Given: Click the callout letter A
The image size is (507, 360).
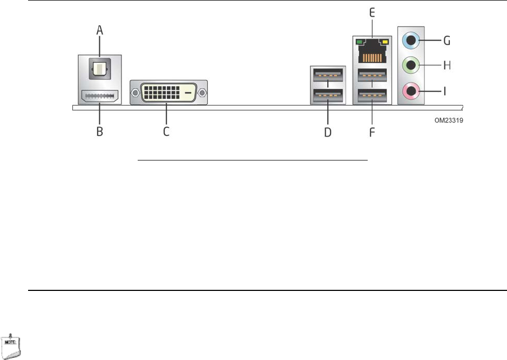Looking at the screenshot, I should pyautogui.click(x=99, y=31).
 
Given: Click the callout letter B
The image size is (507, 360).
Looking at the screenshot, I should pyautogui.click(x=99, y=131).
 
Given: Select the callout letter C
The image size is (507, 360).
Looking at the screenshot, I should pyautogui.click(x=166, y=131).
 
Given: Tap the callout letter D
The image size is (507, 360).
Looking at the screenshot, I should pyautogui.click(x=327, y=132).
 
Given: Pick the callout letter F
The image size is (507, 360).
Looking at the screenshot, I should pyautogui.click(x=371, y=132).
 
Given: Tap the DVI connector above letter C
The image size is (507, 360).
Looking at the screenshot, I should pyautogui.click(x=168, y=93).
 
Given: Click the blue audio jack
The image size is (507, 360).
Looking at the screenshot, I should pyautogui.click(x=412, y=39).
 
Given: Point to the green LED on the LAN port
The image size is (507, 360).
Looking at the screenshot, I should pyautogui.click(x=359, y=42).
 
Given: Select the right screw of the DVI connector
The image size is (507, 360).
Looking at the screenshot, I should pyautogui.click(x=202, y=93).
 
